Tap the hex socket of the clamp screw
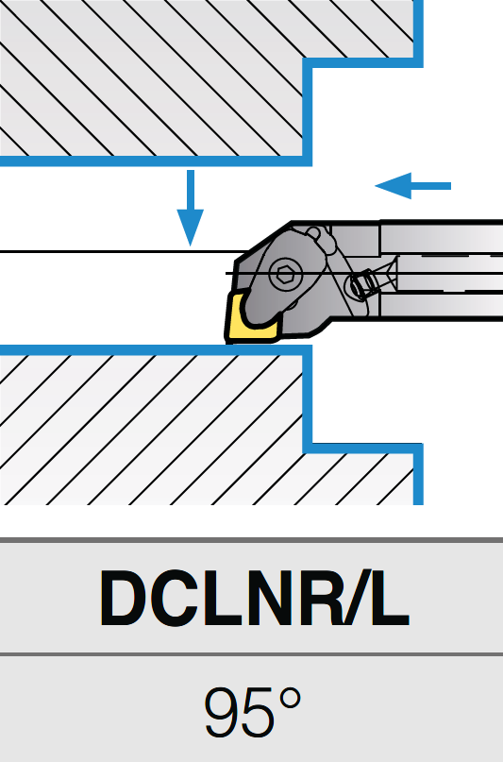(x=282, y=274)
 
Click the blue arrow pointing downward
(x=191, y=208)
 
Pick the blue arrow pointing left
(x=413, y=186)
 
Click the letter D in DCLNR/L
(x=125, y=599)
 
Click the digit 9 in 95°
(x=223, y=712)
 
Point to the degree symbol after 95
(x=291, y=699)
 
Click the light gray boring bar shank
(x=441, y=271)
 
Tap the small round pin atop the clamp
(x=313, y=232)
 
